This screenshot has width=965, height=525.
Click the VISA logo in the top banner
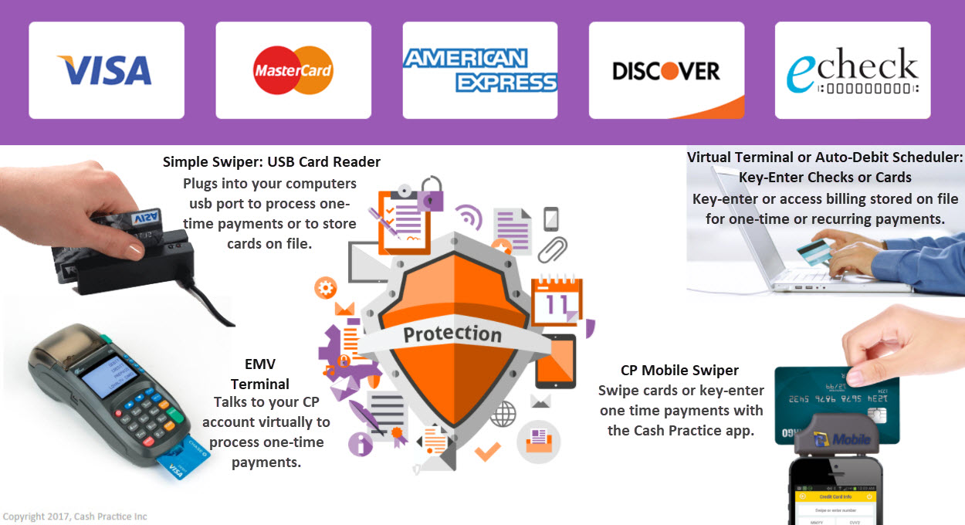point(107,70)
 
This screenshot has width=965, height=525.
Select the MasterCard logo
point(293,70)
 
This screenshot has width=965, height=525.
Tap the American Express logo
point(479,70)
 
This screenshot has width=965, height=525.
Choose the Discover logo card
point(666,70)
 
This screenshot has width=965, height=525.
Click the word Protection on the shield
point(452,334)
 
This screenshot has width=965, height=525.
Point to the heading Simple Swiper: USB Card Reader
point(272,162)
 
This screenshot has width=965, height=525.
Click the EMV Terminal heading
point(260,374)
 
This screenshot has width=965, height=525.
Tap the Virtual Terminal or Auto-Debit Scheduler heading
point(825,168)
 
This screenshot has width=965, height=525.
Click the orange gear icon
point(325,289)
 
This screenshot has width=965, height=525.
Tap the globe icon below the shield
point(503,414)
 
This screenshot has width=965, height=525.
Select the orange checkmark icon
point(487,450)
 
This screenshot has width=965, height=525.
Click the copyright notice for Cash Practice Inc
point(75,517)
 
